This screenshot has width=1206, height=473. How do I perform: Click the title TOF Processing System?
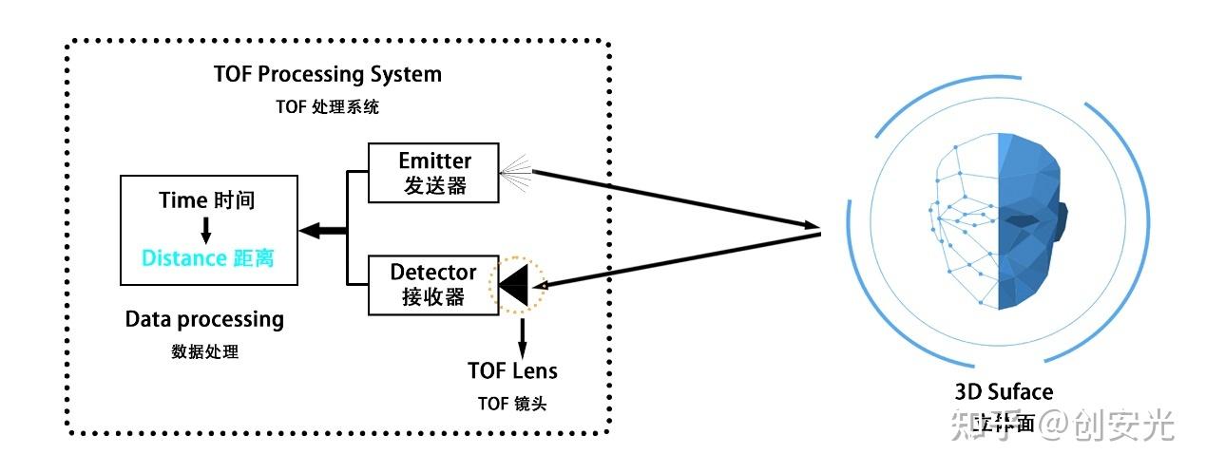pyautogui.click(x=328, y=74)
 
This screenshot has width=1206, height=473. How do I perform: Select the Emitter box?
pyautogui.click(x=433, y=172)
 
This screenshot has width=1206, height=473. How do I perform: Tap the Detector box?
pyautogui.click(x=433, y=285)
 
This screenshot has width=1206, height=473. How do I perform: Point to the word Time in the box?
pyautogui.click(x=182, y=200)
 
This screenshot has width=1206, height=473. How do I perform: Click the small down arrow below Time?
pyautogui.click(x=206, y=229)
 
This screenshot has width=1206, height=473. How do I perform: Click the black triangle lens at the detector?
pyautogui.click(x=515, y=285)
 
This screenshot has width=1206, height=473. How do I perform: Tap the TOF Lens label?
pyautogui.click(x=512, y=370)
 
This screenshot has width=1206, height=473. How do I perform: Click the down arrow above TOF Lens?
pyautogui.click(x=522, y=333)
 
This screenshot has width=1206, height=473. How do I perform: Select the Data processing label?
pyautogui.click(x=204, y=319)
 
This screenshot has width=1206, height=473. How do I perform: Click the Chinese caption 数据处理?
pyautogui.click(x=204, y=351)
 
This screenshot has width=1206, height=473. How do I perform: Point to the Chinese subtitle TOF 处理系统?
pyautogui.click(x=328, y=106)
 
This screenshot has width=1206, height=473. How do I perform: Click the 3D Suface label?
pyautogui.click(x=1004, y=391)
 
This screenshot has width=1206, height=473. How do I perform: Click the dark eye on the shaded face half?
pyautogui.click(x=1021, y=220)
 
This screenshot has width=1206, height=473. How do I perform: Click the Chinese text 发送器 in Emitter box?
pyautogui.click(x=434, y=185)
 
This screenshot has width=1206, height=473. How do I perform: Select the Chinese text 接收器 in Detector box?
pyautogui.click(x=433, y=297)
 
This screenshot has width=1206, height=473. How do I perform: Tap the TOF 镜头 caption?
pyautogui.click(x=512, y=403)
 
